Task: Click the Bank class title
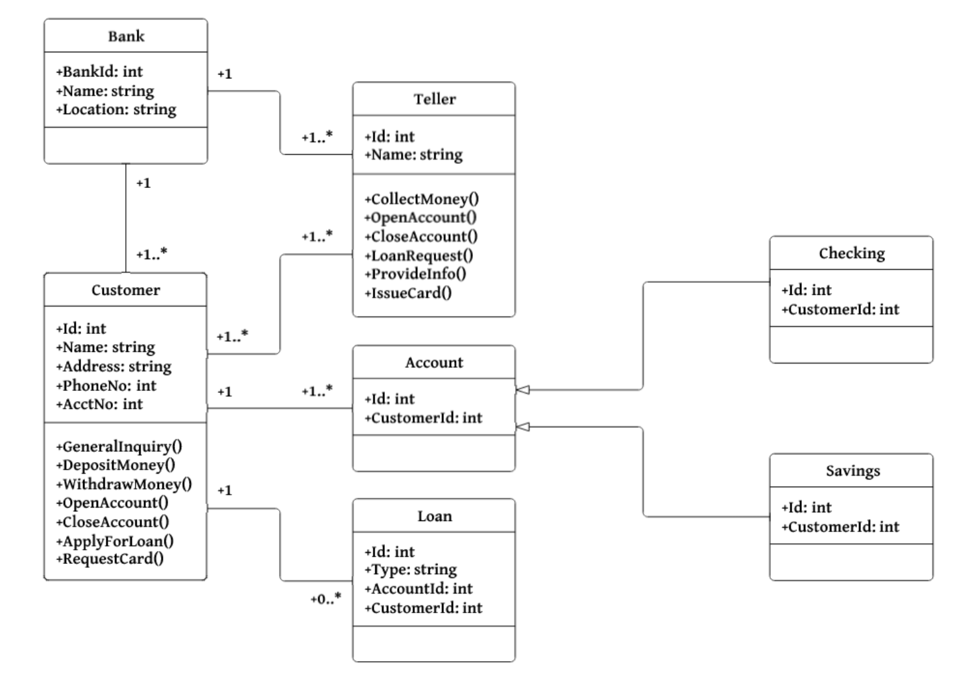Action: pyautogui.click(x=126, y=36)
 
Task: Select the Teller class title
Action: pyautogui.click(x=434, y=99)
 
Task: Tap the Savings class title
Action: pyautogui.click(x=852, y=471)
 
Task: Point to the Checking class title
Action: pyautogui.click(x=851, y=253)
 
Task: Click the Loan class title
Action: pyautogui.click(x=434, y=516)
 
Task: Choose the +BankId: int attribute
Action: pyautogui.click(x=99, y=72)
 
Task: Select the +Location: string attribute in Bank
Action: pyautogui.click(x=116, y=110)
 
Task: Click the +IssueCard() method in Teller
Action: pyautogui.click(x=407, y=293)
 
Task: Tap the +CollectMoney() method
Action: pyautogui.click(x=421, y=199)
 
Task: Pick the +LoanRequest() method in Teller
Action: pyautogui.click(x=419, y=255)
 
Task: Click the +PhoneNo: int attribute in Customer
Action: pyautogui.click(x=106, y=386)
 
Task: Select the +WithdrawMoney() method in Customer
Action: pyautogui.click(x=124, y=484)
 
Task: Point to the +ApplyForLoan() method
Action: pyautogui.click(x=115, y=541)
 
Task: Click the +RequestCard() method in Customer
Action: pyautogui.click(x=110, y=559)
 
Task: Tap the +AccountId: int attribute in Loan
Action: pyautogui.click(x=419, y=589)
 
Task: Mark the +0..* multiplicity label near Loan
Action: pyautogui.click(x=325, y=599)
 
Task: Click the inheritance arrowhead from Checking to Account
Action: pyautogui.click(x=522, y=390)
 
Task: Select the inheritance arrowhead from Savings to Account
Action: pyautogui.click(x=522, y=427)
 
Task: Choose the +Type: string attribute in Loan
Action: pyautogui.click(x=410, y=570)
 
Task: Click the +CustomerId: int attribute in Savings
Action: pyautogui.click(x=840, y=526)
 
